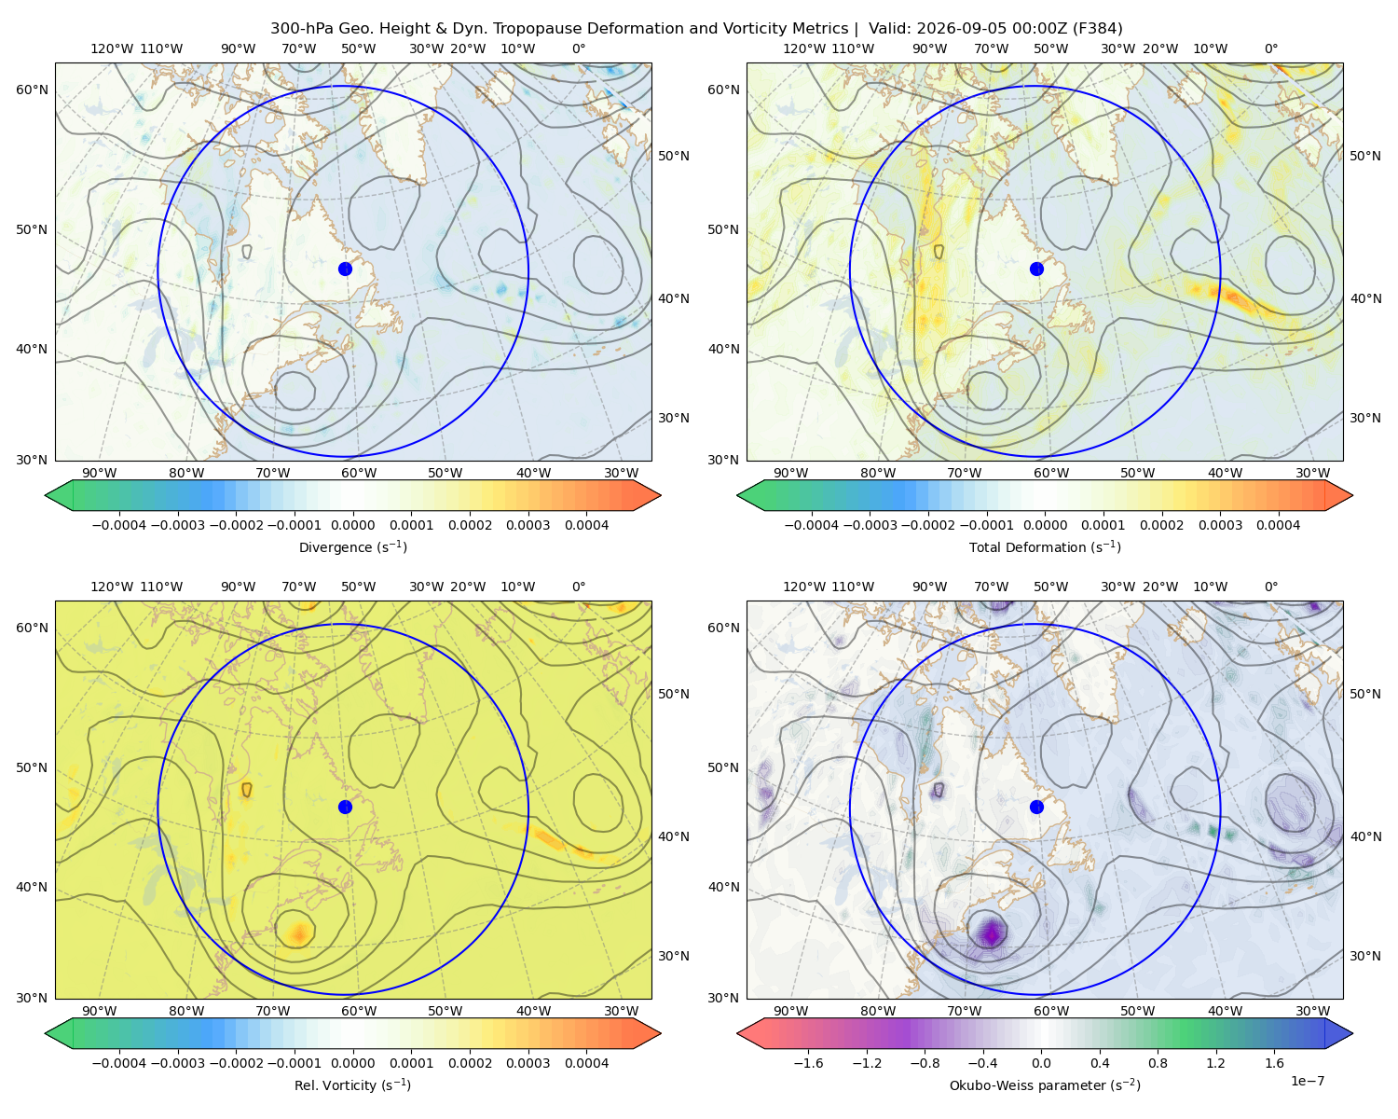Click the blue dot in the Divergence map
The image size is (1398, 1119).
[345, 269]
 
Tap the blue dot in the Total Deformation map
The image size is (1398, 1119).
[1036, 269]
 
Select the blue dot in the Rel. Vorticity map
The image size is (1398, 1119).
[345, 807]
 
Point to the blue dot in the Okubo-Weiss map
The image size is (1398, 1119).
[1036, 807]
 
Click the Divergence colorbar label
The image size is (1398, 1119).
[352, 546]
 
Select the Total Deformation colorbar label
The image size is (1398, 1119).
[1045, 546]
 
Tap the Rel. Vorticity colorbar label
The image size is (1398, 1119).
[352, 1084]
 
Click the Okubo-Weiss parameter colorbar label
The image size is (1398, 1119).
[1045, 1084]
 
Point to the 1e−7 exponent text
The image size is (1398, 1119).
[1307, 1081]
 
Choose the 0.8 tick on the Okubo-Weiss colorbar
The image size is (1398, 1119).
[1158, 1062]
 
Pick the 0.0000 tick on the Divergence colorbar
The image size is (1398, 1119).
[352, 525]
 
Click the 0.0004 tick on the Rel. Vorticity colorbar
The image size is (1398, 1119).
[586, 1062]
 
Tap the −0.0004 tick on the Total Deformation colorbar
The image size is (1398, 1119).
[811, 525]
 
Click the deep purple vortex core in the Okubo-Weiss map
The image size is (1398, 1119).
[991, 933]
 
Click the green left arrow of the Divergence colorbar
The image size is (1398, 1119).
[59, 495]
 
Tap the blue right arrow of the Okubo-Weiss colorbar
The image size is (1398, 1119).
[1338, 1033]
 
